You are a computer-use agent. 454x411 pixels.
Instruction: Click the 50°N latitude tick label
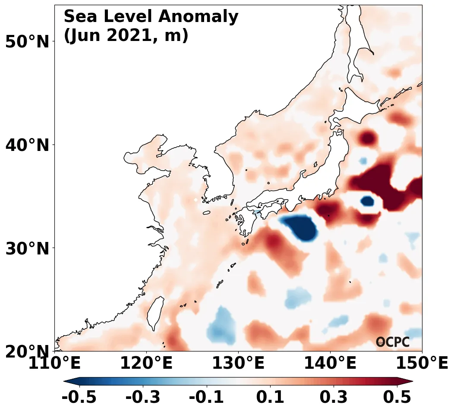[x=27, y=42]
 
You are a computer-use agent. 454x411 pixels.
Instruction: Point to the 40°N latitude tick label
[x=27, y=145]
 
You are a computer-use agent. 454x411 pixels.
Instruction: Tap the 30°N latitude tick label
[x=27, y=248]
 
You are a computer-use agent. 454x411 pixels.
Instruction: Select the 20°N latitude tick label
[x=27, y=352]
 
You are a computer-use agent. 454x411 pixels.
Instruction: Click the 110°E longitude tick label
[x=54, y=364]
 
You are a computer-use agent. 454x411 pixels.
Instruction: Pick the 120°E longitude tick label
[x=146, y=364]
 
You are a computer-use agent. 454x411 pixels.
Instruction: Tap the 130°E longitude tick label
[x=238, y=364]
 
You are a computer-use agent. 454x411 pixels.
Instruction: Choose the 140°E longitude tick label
[x=330, y=364]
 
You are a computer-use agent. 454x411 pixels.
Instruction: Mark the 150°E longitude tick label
[x=422, y=364]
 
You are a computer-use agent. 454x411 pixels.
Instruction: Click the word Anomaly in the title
[x=199, y=17]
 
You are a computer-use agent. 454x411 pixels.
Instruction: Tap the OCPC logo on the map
[x=393, y=342]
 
